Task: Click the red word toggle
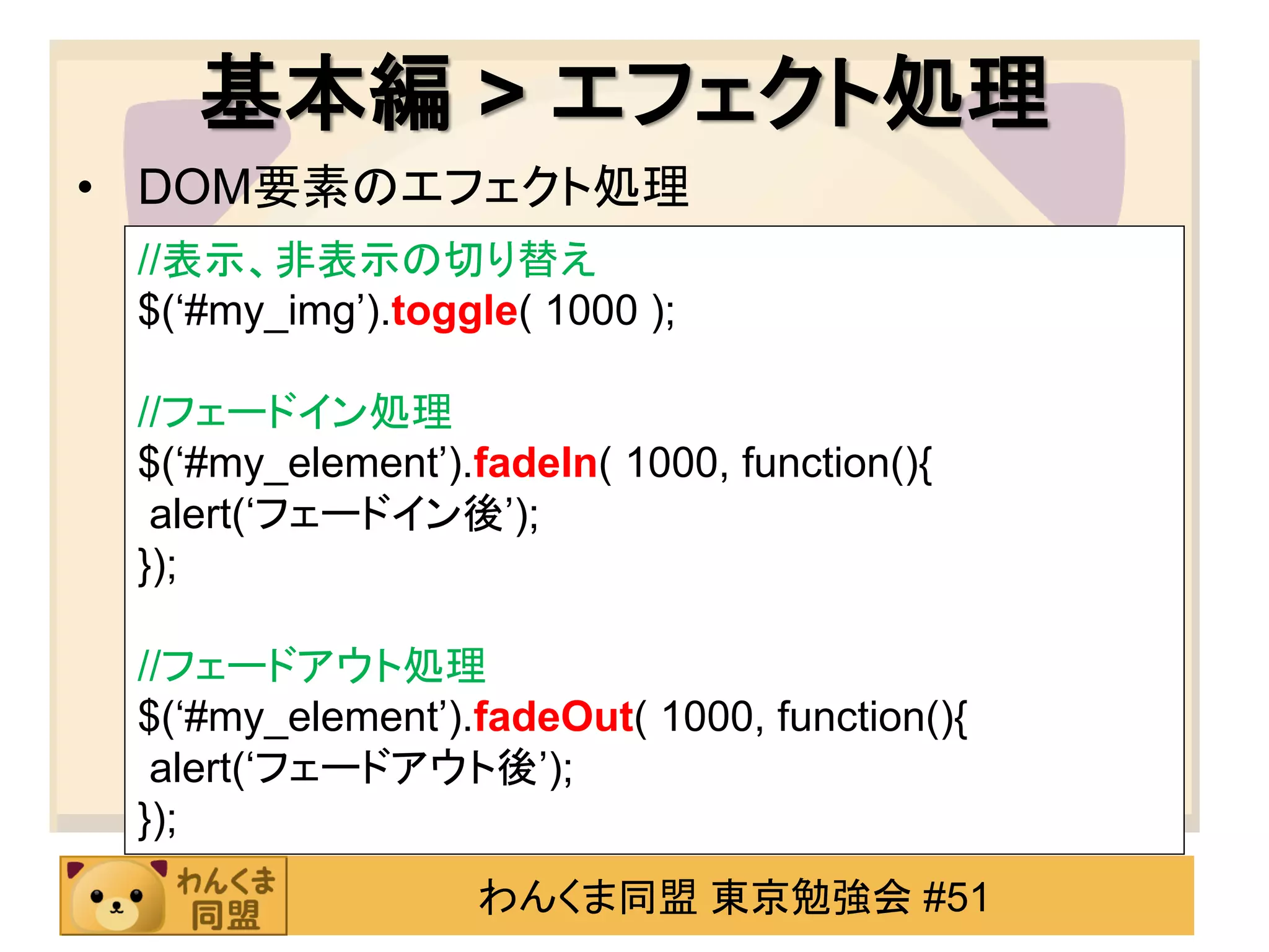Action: [454, 311]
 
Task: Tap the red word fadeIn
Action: [535, 463]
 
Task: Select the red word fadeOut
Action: [553, 717]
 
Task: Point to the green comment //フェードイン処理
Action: [294, 412]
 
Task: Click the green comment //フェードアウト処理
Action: [311, 666]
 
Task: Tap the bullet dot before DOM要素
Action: [86, 187]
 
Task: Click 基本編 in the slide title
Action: [325, 93]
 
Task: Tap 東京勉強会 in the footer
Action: [810, 897]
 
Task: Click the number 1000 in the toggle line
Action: [592, 311]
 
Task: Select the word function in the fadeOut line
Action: [850, 717]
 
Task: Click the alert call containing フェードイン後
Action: [344, 514]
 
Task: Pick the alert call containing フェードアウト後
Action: [361, 769]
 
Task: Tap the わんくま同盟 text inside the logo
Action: [226, 897]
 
